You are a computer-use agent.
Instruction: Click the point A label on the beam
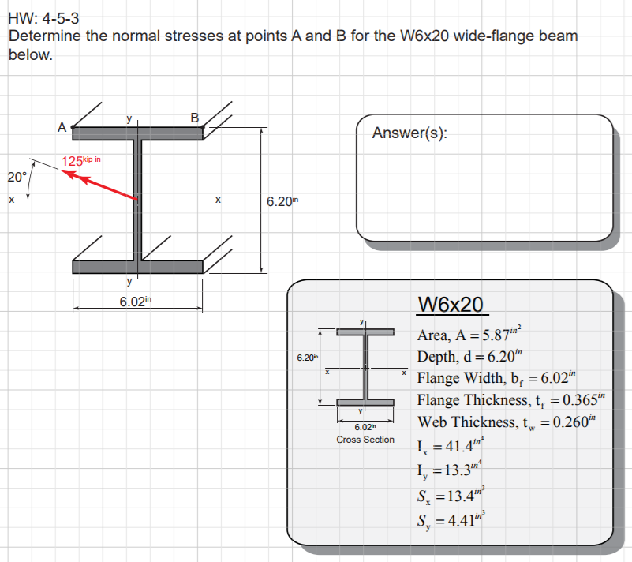pyautogui.click(x=62, y=127)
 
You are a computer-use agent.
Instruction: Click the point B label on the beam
pyautogui.click(x=195, y=118)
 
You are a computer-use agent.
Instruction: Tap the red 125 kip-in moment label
pyautogui.click(x=81, y=161)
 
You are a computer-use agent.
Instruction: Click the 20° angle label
pyautogui.click(x=17, y=177)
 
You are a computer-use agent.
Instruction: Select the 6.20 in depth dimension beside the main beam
pyautogui.click(x=282, y=200)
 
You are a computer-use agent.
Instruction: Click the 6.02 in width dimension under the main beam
pyautogui.click(x=135, y=302)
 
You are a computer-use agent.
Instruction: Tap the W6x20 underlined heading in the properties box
pyautogui.click(x=451, y=305)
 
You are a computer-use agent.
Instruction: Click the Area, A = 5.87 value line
pyautogui.click(x=469, y=334)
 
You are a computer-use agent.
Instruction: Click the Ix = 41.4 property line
pyautogui.click(x=451, y=445)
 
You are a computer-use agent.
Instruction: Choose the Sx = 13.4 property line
pyautogui.click(x=451, y=495)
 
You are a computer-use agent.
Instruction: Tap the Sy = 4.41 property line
pyautogui.click(x=451, y=519)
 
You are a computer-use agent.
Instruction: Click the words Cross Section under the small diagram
pyautogui.click(x=365, y=440)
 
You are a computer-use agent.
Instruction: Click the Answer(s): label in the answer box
pyautogui.click(x=409, y=133)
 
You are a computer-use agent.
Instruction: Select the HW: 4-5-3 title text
pyautogui.click(x=43, y=18)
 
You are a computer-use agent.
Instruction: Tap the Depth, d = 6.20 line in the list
pyautogui.click(x=469, y=356)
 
